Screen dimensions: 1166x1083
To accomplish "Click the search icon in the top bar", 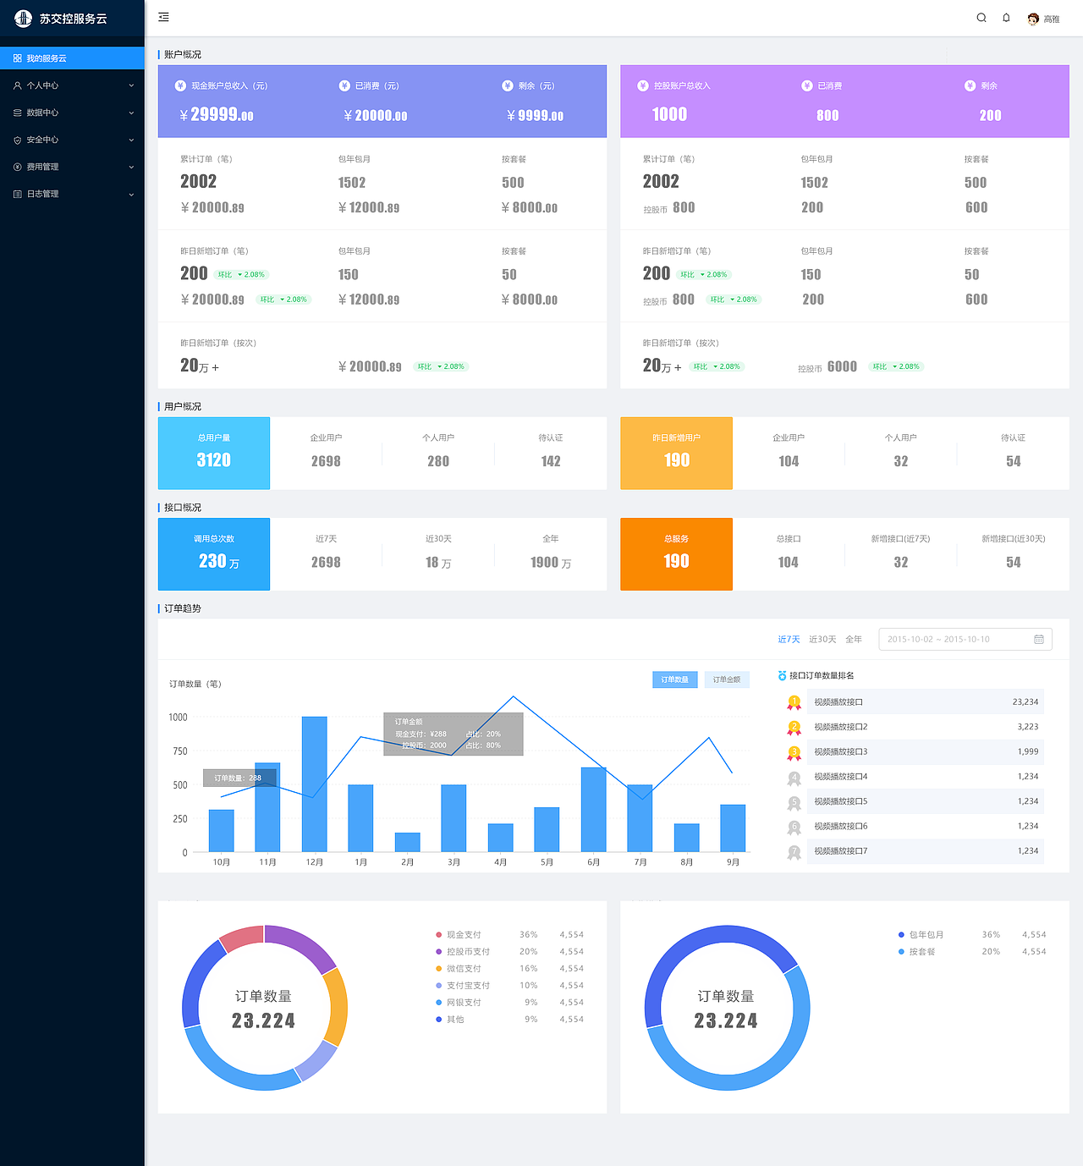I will pyautogui.click(x=981, y=18).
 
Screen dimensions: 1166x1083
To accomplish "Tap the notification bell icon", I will pyautogui.click(x=1006, y=18).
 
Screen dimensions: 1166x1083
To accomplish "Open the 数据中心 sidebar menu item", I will pyautogui.click(x=42, y=113).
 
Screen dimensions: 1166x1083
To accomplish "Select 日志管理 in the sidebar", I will pyautogui.click(x=42, y=194).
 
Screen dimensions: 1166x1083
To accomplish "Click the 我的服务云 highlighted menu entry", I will pyautogui.click(x=46, y=58).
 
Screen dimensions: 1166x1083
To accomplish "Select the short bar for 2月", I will pyautogui.click(x=408, y=842).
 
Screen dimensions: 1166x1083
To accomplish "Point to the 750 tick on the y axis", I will pyautogui.click(x=179, y=751).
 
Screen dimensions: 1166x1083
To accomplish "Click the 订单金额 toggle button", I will pyautogui.click(x=726, y=679).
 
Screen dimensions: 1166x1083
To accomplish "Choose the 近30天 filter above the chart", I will pyautogui.click(x=822, y=640).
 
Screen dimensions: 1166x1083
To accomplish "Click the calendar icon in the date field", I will pyautogui.click(x=1039, y=640).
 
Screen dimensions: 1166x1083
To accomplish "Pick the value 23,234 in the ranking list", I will pyautogui.click(x=1025, y=702).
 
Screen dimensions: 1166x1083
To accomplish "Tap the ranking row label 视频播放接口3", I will pyautogui.click(x=840, y=751).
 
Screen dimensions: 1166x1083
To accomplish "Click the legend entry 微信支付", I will pyautogui.click(x=464, y=969).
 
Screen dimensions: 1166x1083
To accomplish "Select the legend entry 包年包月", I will pyautogui.click(x=926, y=935).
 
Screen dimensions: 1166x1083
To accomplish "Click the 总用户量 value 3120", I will pyautogui.click(x=214, y=460).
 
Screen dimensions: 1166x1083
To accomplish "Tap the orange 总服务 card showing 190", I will pyautogui.click(x=676, y=554).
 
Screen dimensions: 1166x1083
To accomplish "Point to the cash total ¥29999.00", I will pyautogui.click(x=217, y=115).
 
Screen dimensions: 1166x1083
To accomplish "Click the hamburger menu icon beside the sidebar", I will pyautogui.click(x=164, y=17).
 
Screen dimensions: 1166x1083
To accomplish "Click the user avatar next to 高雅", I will pyautogui.click(x=1033, y=19).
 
